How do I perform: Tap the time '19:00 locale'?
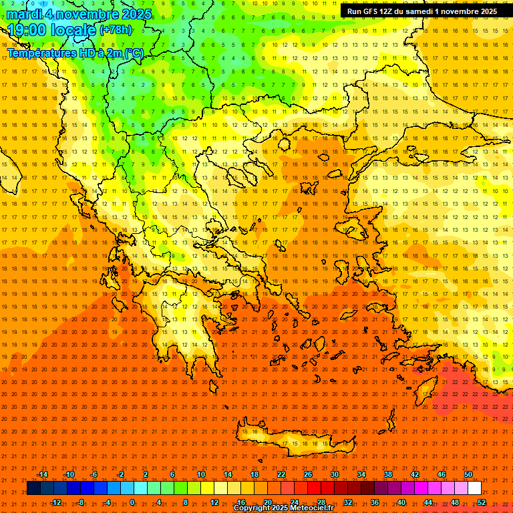52,30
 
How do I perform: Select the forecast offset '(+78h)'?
116,30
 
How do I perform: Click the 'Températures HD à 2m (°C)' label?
75,53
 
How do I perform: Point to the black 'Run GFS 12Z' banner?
421,11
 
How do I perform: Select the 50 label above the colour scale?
468,474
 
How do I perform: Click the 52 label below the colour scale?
482,502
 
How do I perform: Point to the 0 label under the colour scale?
132,502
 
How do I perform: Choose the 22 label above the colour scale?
281,474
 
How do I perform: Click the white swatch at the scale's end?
475,488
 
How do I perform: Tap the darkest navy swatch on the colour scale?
33,488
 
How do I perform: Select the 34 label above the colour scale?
361,474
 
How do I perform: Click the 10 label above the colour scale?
200,474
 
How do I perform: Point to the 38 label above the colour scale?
388,474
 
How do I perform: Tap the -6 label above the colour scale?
94,474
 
